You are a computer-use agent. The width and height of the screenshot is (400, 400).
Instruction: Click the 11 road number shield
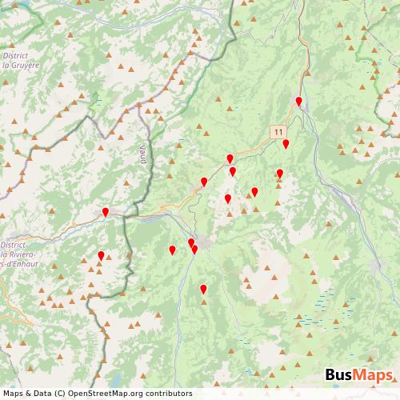[277, 130]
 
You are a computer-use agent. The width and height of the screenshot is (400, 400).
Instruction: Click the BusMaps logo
[358, 375]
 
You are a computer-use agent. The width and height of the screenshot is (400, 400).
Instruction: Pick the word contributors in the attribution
[169, 393]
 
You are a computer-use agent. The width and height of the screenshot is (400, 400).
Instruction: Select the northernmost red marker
[298, 101]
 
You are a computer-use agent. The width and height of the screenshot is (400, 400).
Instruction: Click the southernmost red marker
[203, 289]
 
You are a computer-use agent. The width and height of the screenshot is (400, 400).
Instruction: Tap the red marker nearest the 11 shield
[286, 143]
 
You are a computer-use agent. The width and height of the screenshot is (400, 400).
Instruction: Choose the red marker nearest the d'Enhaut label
[101, 255]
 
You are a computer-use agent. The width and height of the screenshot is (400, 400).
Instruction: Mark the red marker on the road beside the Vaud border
[106, 212]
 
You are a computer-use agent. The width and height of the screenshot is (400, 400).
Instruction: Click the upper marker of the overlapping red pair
[191, 242]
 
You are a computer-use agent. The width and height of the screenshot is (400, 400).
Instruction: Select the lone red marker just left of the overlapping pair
[172, 250]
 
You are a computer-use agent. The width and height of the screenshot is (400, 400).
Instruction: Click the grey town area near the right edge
[378, 265]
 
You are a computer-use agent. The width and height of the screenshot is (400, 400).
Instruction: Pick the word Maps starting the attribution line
[14, 393]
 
